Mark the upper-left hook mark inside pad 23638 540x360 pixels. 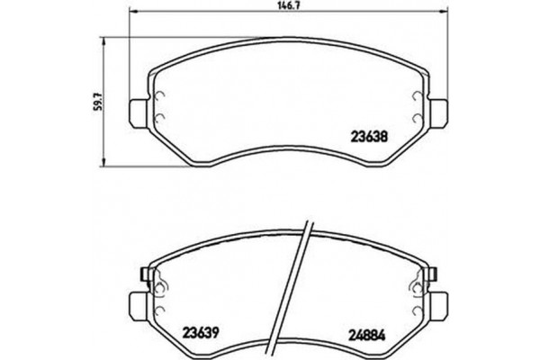[x=157, y=100]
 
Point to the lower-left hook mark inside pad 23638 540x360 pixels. [x=157, y=120]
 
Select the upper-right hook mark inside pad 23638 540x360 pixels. [x=417, y=100]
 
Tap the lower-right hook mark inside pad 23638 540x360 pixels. [x=417, y=120]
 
